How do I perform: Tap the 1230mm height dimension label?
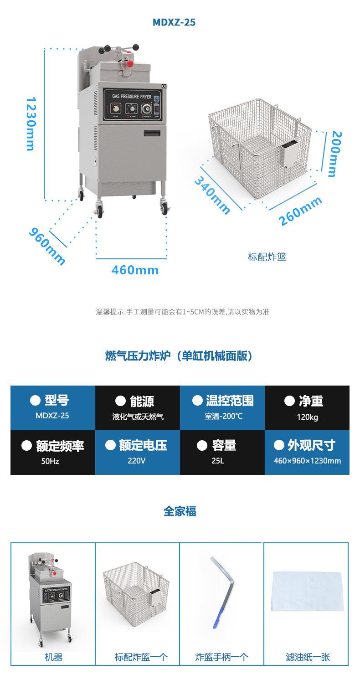(31, 124)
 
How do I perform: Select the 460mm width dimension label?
(135, 270)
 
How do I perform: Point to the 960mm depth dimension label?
(47, 246)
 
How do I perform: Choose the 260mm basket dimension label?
(300, 211)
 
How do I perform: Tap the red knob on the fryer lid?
(130, 63)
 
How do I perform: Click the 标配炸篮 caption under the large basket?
(267, 257)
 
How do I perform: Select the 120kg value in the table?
(307, 417)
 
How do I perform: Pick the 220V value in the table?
(137, 461)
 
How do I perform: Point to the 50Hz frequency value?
(50, 461)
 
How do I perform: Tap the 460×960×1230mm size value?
(307, 461)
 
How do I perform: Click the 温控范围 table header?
(222, 401)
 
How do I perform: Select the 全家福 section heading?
(180, 511)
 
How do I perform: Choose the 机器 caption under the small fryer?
(53, 657)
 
